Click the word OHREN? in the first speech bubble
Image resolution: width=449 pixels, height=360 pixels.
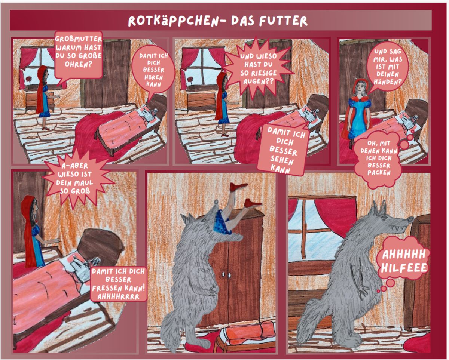coord(78,64)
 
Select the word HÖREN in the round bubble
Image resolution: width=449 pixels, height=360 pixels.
coord(153,77)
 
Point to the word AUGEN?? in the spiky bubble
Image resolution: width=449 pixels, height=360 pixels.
coord(258,81)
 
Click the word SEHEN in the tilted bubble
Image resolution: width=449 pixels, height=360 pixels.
coord(282,160)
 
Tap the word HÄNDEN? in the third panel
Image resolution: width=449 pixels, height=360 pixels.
coord(388,82)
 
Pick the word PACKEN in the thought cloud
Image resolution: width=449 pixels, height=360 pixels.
coord(379,173)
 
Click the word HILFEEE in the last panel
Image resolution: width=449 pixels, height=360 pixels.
coord(404,268)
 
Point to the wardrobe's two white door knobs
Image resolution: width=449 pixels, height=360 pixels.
coord(226,275)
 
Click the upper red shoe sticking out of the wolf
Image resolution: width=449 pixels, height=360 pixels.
coord(238,187)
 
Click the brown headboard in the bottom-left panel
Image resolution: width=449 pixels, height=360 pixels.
coord(101,245)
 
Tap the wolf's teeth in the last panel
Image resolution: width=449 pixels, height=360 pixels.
coord(395,228)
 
